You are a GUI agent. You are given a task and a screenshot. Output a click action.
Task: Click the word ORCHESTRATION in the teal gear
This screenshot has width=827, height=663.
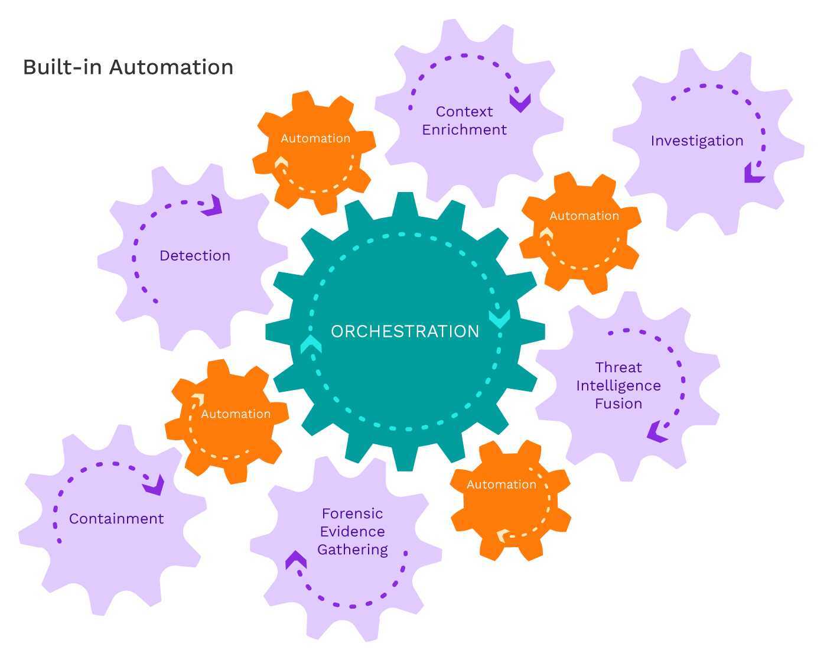(405, 331)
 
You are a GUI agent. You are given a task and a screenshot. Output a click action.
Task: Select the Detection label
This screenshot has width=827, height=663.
(195, 256)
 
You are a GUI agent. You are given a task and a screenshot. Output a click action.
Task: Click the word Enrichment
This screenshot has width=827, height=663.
(464, 130)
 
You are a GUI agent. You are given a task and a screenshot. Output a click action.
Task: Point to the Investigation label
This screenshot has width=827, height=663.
(697, 141)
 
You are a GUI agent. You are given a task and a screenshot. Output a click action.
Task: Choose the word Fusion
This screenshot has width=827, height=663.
(618, 404)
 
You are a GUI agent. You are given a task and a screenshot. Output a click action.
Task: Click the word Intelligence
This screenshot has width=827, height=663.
(618, 386)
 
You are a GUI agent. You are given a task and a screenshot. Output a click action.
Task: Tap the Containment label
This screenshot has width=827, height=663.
(116, 519)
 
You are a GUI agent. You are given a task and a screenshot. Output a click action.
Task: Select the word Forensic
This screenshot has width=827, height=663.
(353, 513)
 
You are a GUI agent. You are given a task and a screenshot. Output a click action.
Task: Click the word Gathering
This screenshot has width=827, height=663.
(353, 550)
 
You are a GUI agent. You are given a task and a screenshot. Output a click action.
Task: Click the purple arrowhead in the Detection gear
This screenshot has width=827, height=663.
(213, 206)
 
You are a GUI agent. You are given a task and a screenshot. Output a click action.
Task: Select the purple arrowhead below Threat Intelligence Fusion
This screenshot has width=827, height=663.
(657, 432)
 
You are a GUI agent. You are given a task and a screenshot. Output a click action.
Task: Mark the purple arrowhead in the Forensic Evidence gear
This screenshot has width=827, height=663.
(295, 560)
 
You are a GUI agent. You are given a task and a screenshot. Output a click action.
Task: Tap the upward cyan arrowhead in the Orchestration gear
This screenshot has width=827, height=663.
(311, 344)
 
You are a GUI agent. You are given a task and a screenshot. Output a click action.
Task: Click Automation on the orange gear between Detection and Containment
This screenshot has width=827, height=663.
(236, 414)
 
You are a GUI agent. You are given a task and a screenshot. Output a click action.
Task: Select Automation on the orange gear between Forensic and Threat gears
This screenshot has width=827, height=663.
(502, 485)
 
